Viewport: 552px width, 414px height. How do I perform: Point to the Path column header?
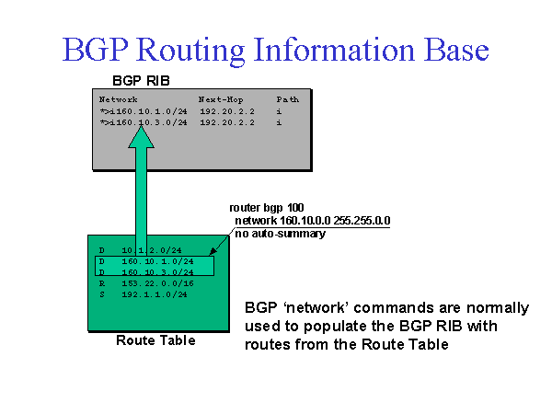(x=287, y=98)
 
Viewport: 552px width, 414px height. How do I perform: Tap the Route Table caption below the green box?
(x=155, y=340)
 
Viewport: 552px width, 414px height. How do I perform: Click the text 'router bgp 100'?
(x=262, y=208)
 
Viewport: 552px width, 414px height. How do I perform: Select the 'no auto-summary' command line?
(x=281, y=234)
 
